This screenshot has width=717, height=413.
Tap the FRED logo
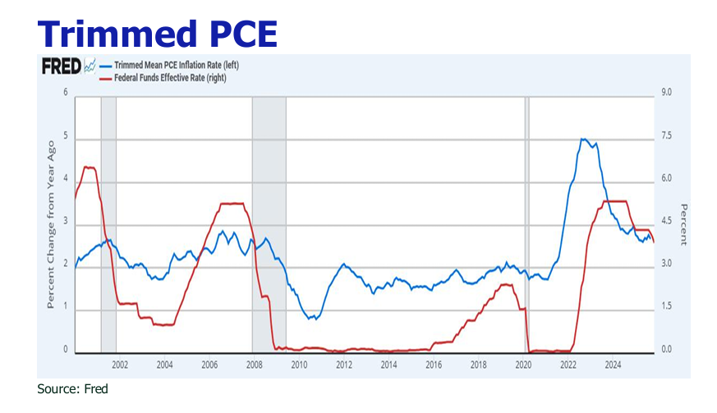(61, 67)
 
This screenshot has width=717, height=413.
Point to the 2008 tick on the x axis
(254, 365)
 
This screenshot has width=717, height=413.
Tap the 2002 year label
(120, 365)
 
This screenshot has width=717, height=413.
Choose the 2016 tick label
(434, 365)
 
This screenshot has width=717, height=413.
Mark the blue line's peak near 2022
(583, 140)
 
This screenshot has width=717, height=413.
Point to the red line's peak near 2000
(89, 167)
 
